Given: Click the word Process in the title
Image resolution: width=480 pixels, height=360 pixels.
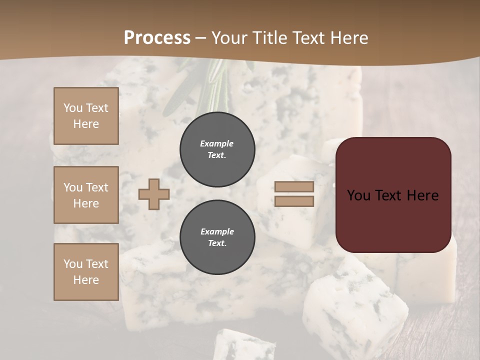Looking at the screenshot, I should [157, 38].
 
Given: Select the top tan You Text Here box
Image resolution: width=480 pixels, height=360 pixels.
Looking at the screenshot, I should [86, 116].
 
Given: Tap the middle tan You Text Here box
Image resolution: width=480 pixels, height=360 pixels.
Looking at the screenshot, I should [86, 195].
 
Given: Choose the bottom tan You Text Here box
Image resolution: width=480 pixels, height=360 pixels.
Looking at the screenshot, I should [86, 271].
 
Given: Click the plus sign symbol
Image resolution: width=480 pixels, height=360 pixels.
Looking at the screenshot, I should [154, 194].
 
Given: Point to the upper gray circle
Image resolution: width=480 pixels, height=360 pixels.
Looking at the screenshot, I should [217, 149].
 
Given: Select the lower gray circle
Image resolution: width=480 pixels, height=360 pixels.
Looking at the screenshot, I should [217, 237].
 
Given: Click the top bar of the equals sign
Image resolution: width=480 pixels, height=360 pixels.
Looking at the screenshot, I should [294, 186].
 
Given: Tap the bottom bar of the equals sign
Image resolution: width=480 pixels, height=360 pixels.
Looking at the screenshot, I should [294, 201].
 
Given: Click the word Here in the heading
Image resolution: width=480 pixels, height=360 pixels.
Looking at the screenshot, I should [348, 38].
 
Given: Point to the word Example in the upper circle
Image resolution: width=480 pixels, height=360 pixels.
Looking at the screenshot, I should [216, 143].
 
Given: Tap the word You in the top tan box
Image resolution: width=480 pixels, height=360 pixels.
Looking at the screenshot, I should [73, 108].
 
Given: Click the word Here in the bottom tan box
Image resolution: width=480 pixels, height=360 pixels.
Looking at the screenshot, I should [86, 280].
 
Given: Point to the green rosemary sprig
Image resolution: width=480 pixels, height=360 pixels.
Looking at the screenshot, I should [210, 85].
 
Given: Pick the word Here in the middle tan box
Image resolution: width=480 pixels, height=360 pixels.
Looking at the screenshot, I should [86, 203].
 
